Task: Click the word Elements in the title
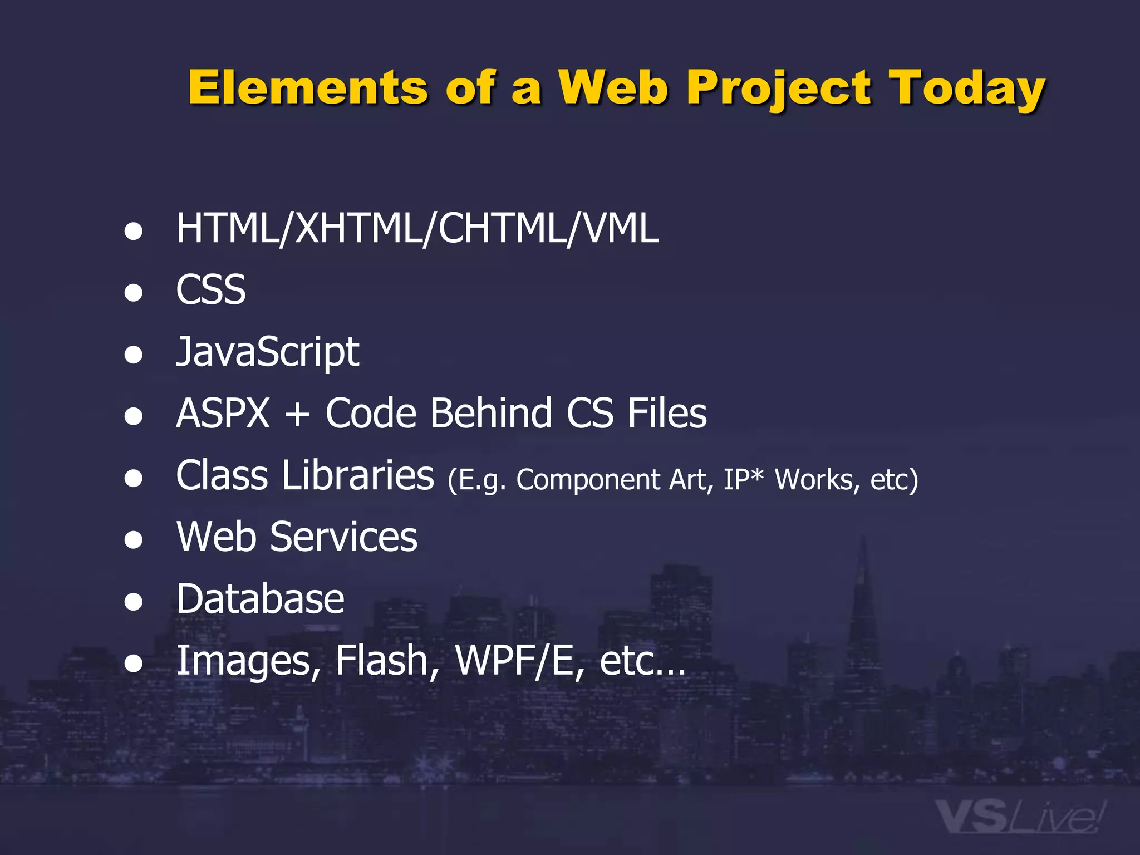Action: (308, 87)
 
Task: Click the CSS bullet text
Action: (210, 290)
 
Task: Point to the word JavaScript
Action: (267, 352)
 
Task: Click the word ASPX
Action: (223, 414)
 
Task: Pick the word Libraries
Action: (357, 475)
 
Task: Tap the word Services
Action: (343, 537)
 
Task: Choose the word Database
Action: (261, 599)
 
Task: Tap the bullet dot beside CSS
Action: (134, 293)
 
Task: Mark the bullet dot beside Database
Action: (134, 602)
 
